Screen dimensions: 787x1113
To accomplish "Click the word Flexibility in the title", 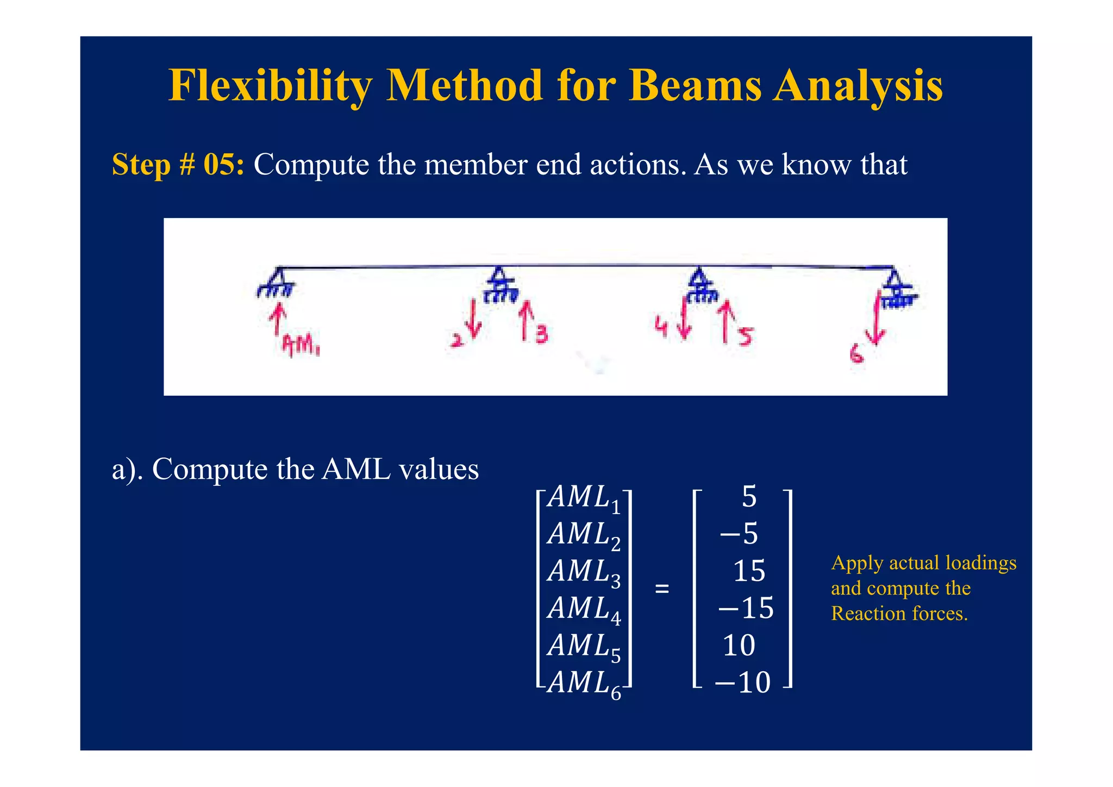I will click(270, 86).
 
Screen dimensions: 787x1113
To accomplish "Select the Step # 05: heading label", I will click(178, 164).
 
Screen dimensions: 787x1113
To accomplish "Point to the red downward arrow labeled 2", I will click(473, 320).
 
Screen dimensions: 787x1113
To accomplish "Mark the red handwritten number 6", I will click(856, 355).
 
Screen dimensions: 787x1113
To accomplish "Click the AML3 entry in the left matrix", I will click(584, 573).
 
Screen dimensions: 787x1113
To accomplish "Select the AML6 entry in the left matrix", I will click(584, 684).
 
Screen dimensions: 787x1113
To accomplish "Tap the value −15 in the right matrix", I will click(746, 608).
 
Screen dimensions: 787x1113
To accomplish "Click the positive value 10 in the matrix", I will click(739, 646).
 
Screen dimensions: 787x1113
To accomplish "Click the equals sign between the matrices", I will click(661, 589).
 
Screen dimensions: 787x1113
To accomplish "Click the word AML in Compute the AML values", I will click(355, 469).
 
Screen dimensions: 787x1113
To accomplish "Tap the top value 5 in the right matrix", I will click(749, 497).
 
